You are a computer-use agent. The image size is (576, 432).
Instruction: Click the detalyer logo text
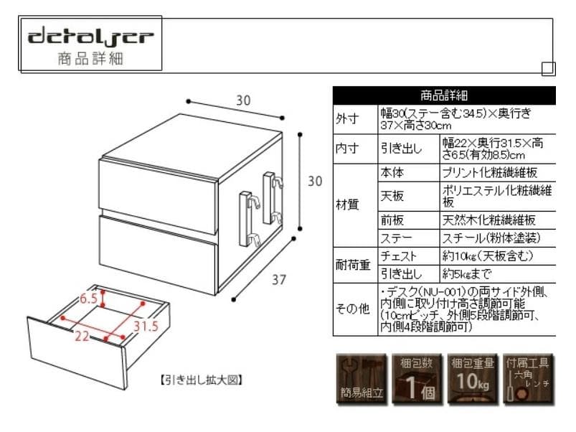click(90, 36)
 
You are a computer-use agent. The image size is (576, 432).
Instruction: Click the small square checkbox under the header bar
click(548, 69)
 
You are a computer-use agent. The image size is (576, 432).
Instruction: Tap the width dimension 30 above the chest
click(243, 101)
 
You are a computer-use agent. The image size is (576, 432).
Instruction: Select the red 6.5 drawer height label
click(88, 298)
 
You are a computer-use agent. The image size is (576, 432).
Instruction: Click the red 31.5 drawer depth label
click(144, 327)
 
